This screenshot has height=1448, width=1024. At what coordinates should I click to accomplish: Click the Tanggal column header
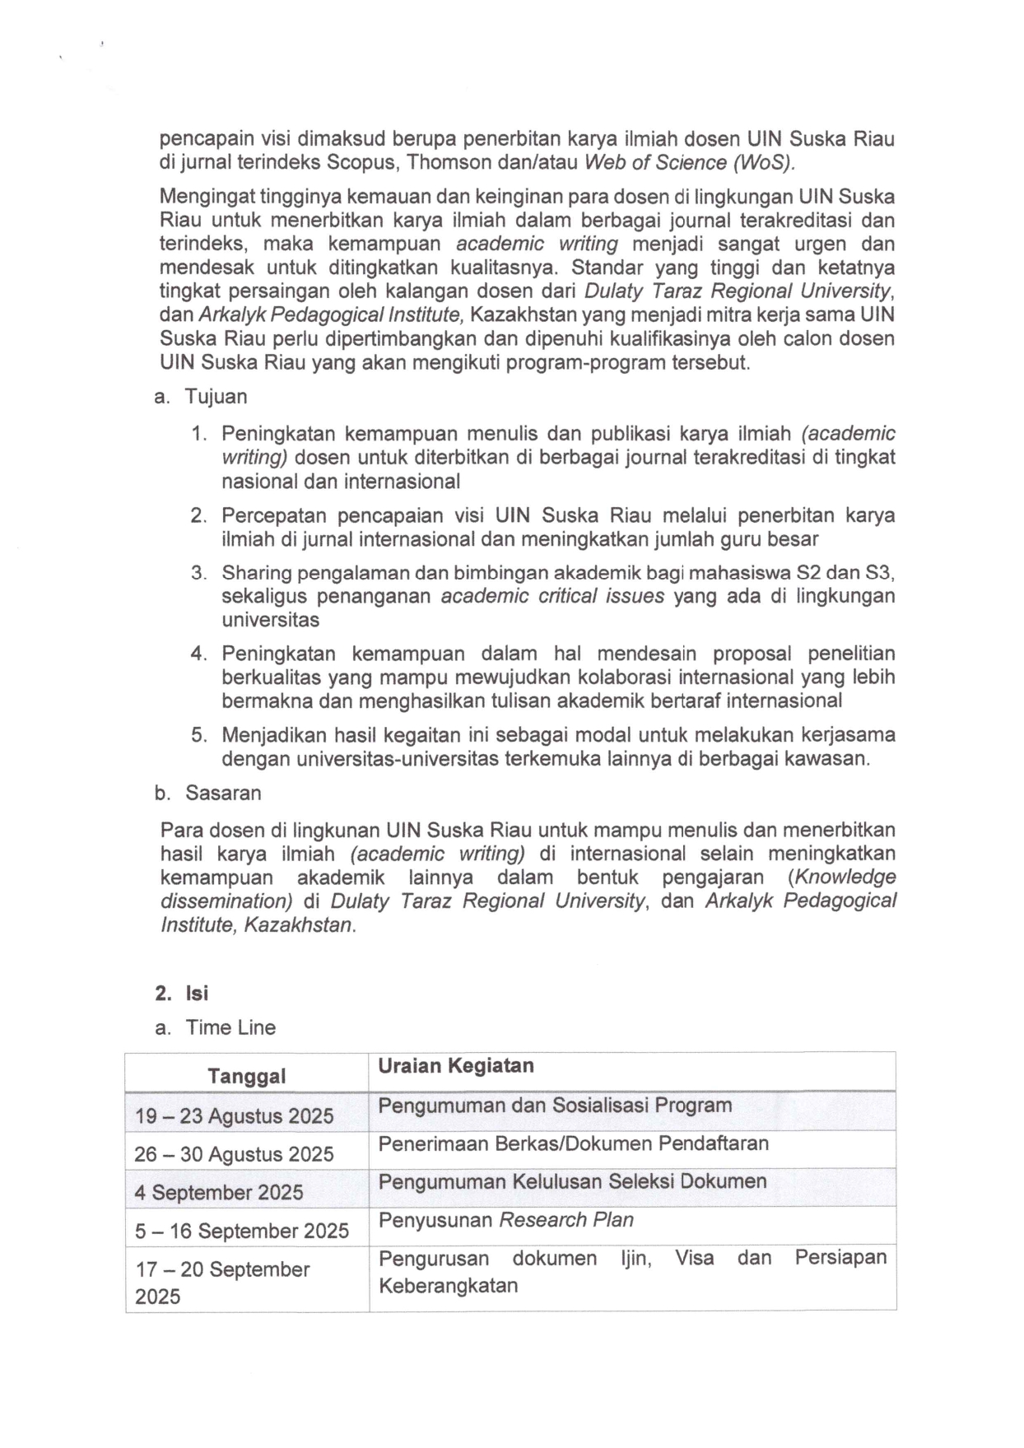point(246,1076)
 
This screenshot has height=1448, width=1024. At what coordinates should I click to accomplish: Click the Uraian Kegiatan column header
point(455,1065)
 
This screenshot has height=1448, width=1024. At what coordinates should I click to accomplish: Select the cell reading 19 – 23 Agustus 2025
point(234,1115)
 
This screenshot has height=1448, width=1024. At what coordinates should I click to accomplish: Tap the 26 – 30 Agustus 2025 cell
point(234,1154)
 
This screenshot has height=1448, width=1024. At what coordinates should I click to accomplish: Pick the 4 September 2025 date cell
point(219,1192)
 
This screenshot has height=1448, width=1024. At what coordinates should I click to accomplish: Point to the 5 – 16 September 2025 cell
point(242,1231)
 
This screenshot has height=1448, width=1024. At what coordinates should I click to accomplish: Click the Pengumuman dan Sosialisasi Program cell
point(555,1105)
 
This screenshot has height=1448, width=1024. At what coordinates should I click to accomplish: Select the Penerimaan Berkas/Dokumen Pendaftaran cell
point(573,1143)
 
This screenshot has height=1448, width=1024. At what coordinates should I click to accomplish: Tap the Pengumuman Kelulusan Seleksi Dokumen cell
point(572,1181)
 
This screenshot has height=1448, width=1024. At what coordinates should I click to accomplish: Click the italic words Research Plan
point(566,1219)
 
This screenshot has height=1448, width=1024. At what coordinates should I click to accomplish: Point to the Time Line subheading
point(230,1027)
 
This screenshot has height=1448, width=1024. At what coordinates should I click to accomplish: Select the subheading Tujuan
point(216,396)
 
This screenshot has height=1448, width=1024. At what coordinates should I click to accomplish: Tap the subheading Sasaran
point(222,793)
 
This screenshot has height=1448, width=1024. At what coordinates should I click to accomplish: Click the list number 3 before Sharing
point(198,573)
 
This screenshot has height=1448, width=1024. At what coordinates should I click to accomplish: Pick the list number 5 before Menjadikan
point(198,734)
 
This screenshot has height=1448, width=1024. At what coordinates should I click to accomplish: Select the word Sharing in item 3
point(255,573)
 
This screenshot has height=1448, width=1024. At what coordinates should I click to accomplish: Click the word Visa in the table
point(694,1258)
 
